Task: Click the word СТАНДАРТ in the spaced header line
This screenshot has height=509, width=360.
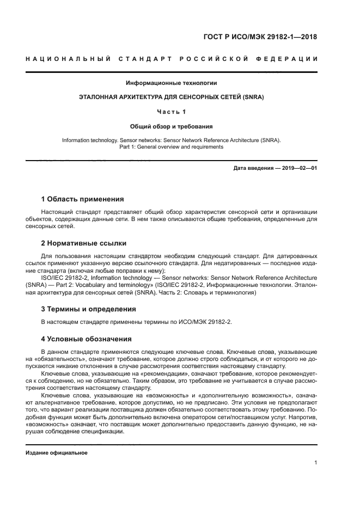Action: pyautogui.click(x=141, y=59)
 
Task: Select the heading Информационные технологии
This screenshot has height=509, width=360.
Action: pyautogui.click(x=172, y=83)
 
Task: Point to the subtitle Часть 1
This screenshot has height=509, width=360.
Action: pyautogui.click(x=172, y=112)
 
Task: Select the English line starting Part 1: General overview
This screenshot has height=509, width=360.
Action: pyautogui.click(x=172, y=147)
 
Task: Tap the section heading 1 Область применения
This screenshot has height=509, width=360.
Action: pyautogui.click(x=82, y=199)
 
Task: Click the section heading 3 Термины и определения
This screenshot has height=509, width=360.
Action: pyautogui.click(x=89, y=309)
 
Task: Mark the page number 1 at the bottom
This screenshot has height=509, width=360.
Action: pyautogui.click(x=316, y=463)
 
